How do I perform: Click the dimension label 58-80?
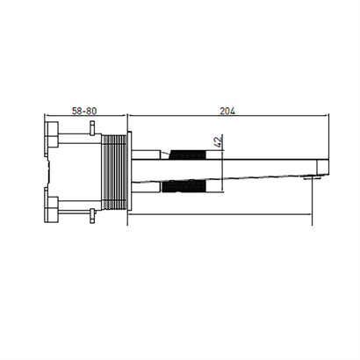click(84, 111)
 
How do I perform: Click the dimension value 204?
click(227, 111)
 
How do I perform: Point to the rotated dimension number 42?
click(218, 141)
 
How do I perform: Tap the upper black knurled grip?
click(187, 155)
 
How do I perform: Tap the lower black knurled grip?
click(184, 186)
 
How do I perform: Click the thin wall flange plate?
click(129, 170)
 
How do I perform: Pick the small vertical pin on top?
click(92, 127)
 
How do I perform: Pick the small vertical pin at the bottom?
click(92, 216)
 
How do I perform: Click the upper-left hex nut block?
click(51, 138)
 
